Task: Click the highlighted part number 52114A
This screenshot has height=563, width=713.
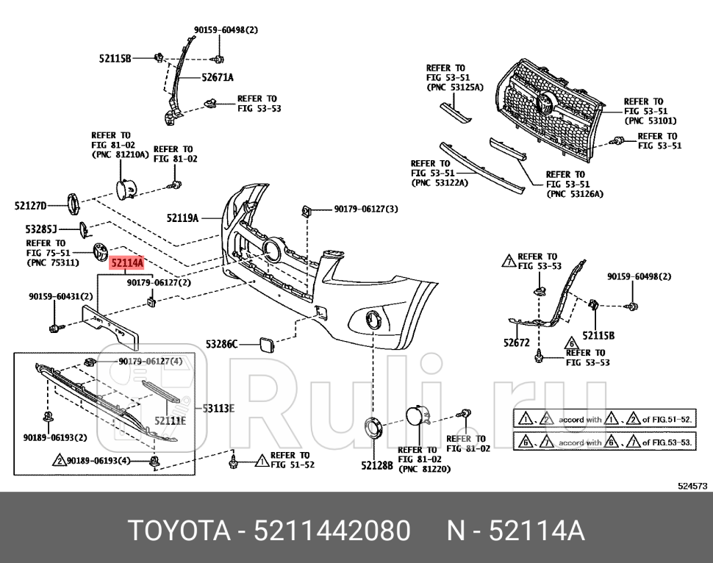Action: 126,262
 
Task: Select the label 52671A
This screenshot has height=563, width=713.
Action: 218,77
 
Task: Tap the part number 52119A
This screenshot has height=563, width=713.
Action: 182,218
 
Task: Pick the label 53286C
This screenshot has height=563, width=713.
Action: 221,343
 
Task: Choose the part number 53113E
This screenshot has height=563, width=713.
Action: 218,408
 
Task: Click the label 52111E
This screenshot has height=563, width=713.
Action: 170,420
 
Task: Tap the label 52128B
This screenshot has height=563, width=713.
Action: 376,465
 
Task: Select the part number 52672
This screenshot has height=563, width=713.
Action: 516,342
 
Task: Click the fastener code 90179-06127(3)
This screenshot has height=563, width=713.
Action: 365,209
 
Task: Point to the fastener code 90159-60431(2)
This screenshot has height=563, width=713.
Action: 61,296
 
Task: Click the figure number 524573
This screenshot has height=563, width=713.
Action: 692,485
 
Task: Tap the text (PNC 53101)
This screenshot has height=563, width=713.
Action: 651,121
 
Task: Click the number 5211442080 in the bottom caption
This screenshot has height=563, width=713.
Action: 332,530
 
